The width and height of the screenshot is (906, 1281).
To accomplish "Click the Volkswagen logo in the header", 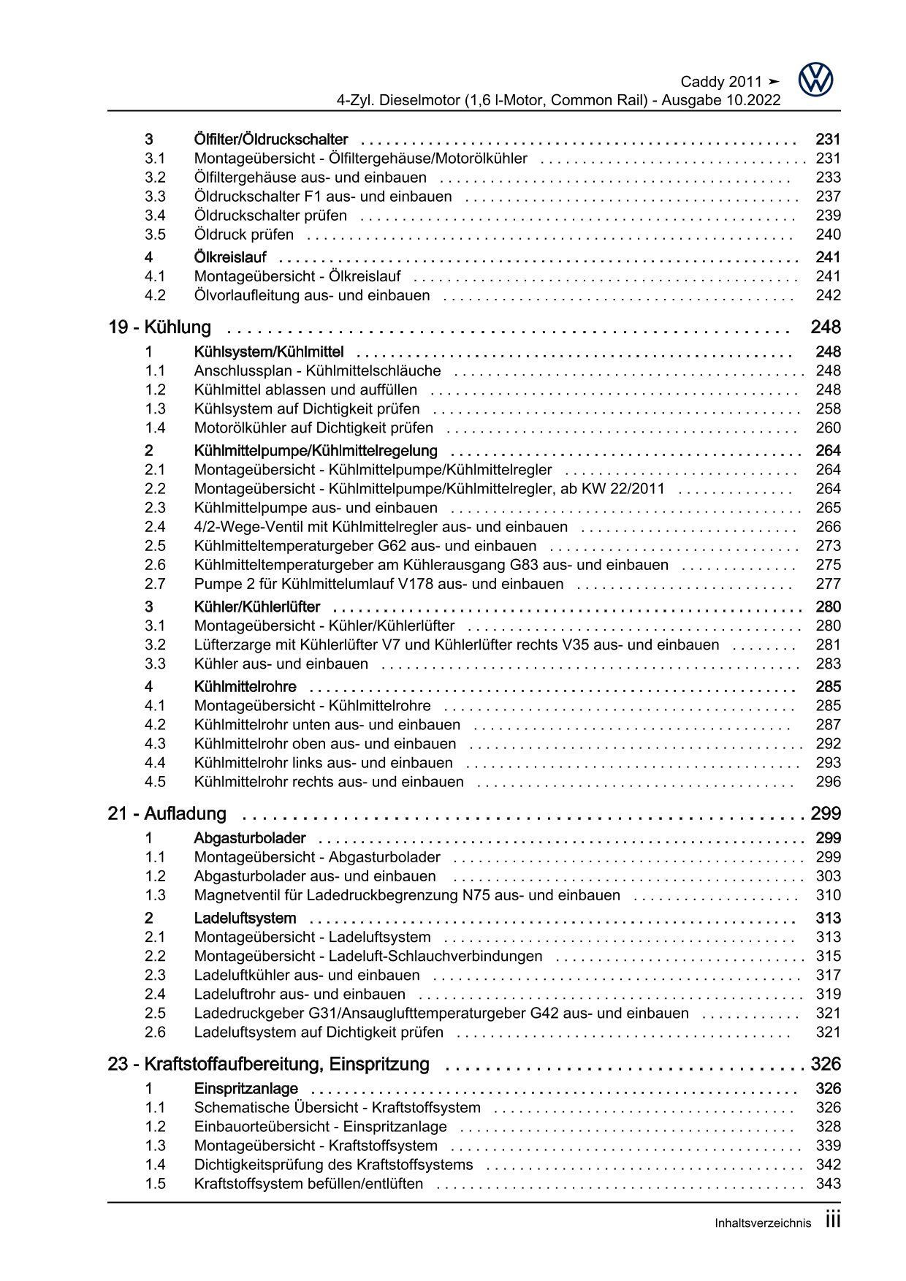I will point(815,80).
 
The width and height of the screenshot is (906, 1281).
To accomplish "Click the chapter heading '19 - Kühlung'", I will point(159,327).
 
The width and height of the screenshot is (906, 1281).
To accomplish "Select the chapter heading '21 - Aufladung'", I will point(167,813).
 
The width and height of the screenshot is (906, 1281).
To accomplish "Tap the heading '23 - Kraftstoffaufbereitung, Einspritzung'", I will point(268,1064).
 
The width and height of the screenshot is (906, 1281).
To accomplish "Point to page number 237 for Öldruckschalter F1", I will point(828,197).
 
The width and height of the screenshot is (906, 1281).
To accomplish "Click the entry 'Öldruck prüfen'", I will point(244,235).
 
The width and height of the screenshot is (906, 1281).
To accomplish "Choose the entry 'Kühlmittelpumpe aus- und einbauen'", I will point(316,508).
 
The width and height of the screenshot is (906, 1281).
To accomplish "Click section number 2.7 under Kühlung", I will point(155,584).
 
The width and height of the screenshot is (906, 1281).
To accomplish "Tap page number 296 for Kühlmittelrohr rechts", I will point(828,782).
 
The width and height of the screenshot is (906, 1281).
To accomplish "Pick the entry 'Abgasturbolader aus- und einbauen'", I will point(315,876).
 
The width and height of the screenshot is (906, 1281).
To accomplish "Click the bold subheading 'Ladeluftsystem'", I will point(245,918).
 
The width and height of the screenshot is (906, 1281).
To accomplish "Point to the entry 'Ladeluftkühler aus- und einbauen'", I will point(307,975).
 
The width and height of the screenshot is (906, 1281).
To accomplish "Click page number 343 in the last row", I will point(828,1184).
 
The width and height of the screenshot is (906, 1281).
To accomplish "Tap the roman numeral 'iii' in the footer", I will point(833,1220).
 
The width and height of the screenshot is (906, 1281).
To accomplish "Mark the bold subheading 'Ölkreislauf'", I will point(230,257).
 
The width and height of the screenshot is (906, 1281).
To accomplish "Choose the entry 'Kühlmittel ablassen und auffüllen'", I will point(305,389).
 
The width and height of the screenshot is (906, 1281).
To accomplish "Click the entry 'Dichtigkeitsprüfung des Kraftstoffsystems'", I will point(333,1165).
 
